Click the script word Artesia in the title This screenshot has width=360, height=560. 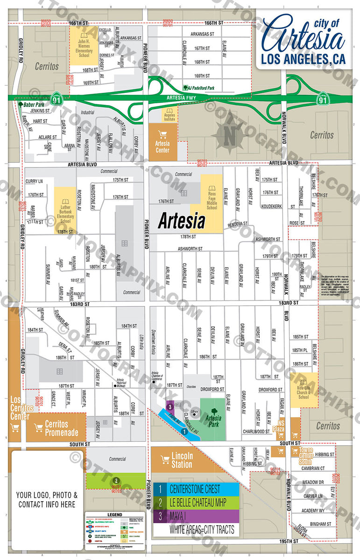point(304,35)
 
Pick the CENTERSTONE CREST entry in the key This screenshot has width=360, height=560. point(196,490)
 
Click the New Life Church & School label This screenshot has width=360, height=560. point(304,392)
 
